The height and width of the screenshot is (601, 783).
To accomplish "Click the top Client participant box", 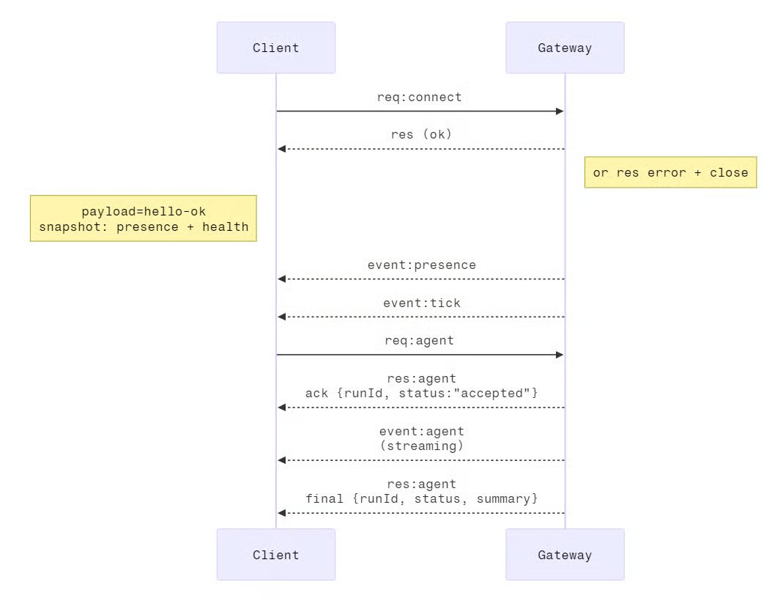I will [x=275, y=48].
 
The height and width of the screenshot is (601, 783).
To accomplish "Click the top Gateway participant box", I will [x=565, y=48].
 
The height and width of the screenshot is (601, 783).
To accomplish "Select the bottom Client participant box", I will [x=275, y=555].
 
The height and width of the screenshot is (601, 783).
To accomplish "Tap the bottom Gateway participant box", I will [x=565, y=555].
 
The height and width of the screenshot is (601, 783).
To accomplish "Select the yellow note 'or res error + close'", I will [x=670, y=173].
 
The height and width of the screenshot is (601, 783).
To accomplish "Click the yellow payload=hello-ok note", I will [x=144, y=218].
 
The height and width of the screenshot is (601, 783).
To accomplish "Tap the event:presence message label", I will [x=421, y=265].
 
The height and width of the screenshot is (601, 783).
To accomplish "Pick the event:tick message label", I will [x=421, y=303].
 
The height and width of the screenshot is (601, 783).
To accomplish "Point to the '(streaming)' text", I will [x=421, y=446].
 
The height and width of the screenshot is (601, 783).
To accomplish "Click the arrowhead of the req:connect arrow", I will [x=560, y=111].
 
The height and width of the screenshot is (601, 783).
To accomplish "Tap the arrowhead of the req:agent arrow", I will [x=560, y=355].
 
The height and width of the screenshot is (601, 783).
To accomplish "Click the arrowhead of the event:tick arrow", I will [x=282, y=317].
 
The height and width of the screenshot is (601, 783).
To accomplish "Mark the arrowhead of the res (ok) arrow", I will [x=282, y=150].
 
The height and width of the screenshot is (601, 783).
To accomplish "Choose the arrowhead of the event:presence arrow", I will [x=282, y=279].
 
